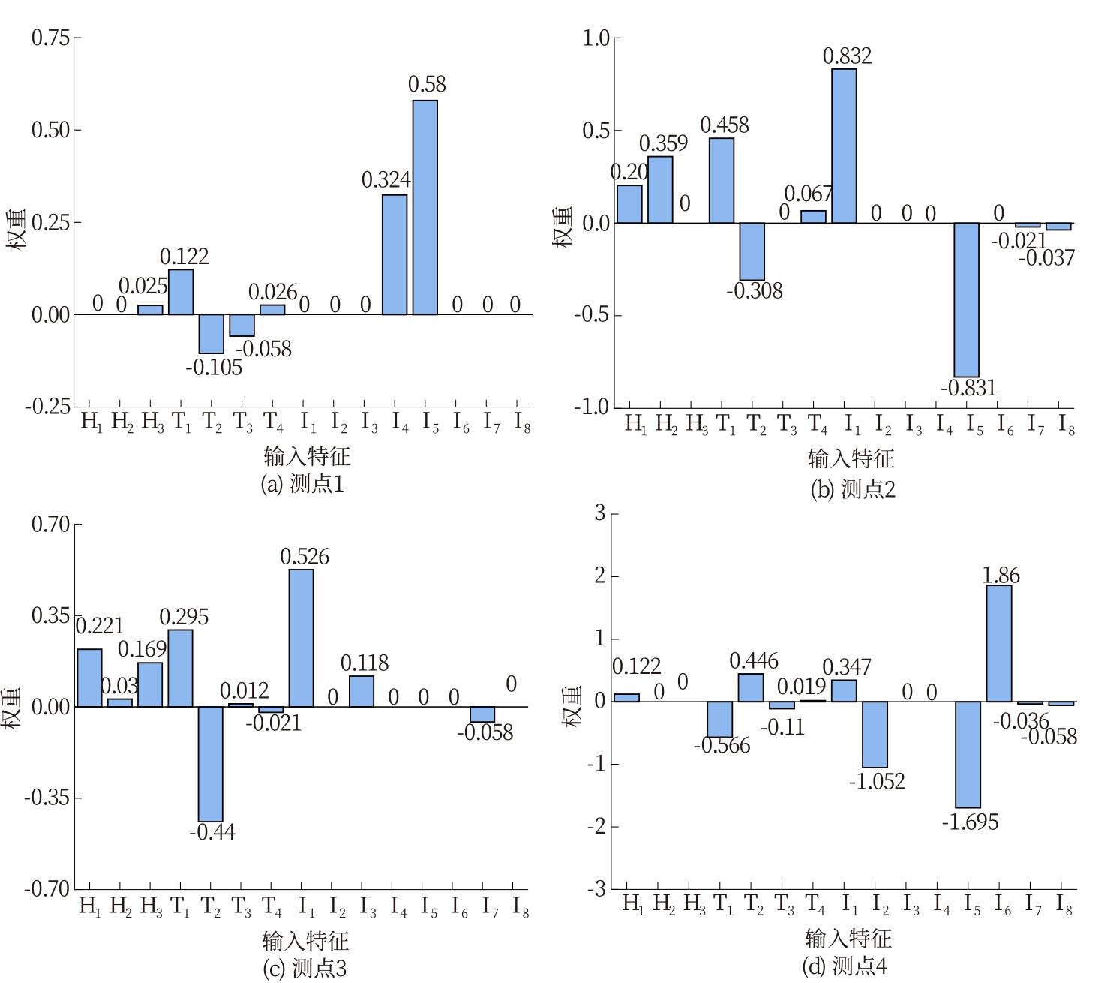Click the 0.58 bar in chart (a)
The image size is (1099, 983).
pyautogui.click(x=425, y=207)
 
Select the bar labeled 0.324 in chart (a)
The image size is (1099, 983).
pyautogui.click(x=395, y=254)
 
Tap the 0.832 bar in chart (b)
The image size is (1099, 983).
pyautogui.click(x=844, y=146)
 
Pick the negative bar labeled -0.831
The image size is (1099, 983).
pyautogui.click(x=966, y=299)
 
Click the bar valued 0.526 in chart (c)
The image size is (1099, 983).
pyautogui.click(x=301, y=638)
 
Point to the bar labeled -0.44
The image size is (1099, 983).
pyautogui.click(x=211, y=764)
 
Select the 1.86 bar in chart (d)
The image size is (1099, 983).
pyautogui.click(x=999, y=643)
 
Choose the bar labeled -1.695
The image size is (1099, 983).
pyautogui.click(x=968, y=754)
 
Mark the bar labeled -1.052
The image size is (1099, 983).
pyautogui.click(x=875, y=734)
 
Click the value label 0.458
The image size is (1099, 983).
pyautogui.click(x=725, y=125)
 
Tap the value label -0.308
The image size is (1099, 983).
pyautogui.click(x=755, y=290)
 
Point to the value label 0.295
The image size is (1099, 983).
pyautogui.click(x=184, y=617)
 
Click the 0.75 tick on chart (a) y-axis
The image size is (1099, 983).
pyautogui.click(x=50, y=38)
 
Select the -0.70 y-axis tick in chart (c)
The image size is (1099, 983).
pyautogui.click(x=47, y=889)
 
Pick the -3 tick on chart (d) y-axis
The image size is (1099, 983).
pyautogui.click(x=599, y=889)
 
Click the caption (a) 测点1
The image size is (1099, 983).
pyautogui.click(x=302, y=484)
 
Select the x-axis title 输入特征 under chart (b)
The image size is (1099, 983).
pyautogui.click(x=851, y=458)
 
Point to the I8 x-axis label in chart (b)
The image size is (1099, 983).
pyautogui.click(x=1066, y=425)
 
